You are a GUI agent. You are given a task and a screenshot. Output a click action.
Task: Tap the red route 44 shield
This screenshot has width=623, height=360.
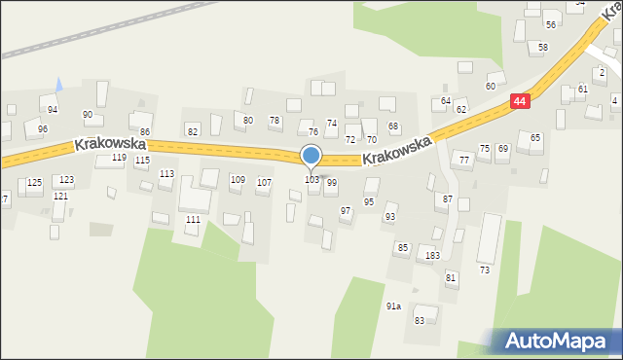[x=522, y=101]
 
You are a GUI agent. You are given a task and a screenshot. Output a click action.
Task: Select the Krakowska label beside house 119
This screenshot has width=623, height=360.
[x=110, y=144]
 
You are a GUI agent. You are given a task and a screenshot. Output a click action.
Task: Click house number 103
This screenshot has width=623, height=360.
[x=311, y=180]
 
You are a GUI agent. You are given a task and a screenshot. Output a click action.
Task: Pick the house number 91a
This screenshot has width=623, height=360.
[x=393, y=306]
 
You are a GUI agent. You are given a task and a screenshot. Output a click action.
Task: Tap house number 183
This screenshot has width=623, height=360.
[x=432, y=255]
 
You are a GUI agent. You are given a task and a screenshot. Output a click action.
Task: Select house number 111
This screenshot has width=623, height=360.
[x=194, y=220]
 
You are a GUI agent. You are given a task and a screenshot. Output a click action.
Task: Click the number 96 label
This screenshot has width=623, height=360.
[x=42, y=129]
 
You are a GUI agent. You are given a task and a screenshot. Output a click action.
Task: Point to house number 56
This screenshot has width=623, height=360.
[x=551, y=25]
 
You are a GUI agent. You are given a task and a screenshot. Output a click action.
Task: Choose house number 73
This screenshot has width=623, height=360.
[x=484, y=270]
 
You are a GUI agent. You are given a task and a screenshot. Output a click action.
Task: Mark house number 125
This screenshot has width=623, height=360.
[x=34, y=182]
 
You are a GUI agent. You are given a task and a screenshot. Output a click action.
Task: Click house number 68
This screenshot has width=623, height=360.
[x=393, y=126]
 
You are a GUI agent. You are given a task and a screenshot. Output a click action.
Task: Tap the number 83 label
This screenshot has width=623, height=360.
[x=420, y=320]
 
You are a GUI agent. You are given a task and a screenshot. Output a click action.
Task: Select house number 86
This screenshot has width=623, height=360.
[x=144, y=131]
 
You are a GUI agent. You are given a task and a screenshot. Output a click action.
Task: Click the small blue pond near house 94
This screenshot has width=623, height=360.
[x=58, y=85]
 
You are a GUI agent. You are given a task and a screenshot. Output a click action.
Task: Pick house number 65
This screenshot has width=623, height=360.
[x=535, y=138]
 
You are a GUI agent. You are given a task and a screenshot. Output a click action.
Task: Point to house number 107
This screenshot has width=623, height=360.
[x=264, y=182]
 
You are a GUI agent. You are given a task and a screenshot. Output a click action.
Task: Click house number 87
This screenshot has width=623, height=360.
[x=448, y=198]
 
